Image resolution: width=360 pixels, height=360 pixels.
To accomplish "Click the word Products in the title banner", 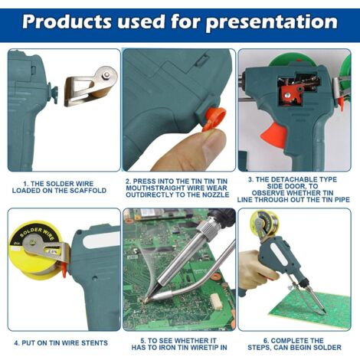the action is [67, 22].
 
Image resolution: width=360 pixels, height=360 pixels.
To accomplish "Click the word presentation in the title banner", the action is [272, 22].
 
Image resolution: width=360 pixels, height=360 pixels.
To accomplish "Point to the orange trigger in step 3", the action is [273, 135].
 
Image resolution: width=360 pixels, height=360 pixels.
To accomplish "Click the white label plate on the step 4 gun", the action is [101, 241].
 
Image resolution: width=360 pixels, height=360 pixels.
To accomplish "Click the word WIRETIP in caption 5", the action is [200, 347].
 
